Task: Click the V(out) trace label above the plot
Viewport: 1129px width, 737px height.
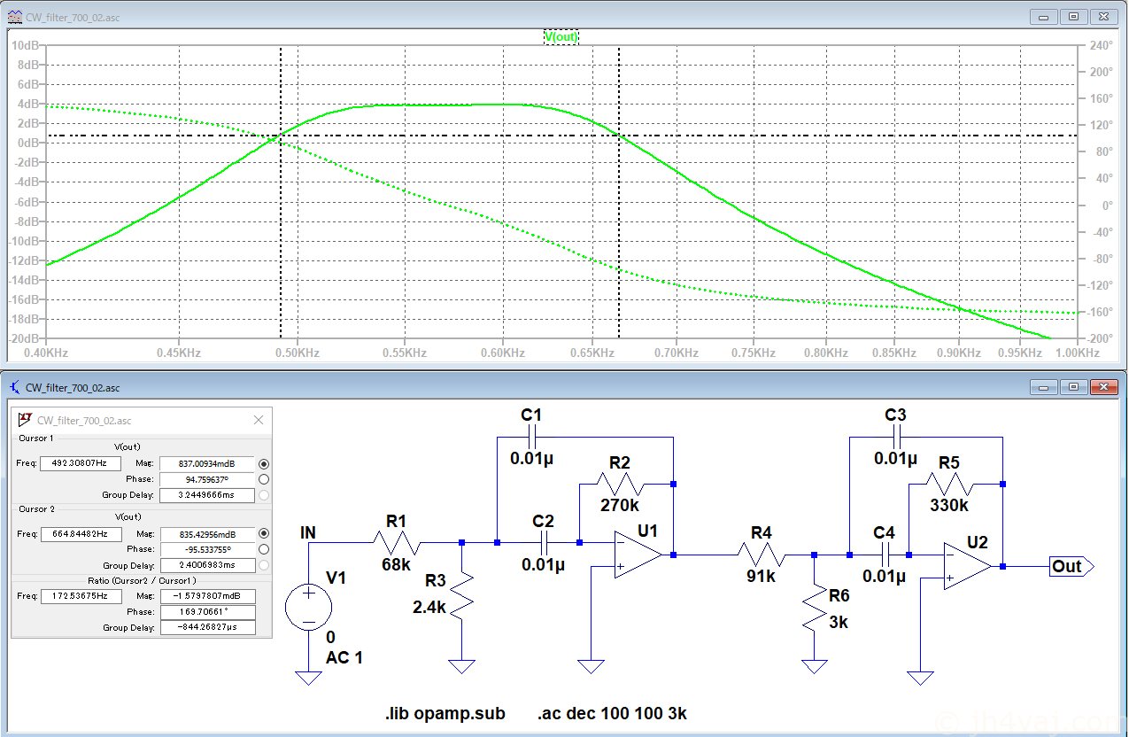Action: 561,37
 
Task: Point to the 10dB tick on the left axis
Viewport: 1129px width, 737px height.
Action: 25,45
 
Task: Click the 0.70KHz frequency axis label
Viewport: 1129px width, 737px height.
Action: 677,353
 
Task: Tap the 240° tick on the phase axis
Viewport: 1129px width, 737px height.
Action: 1101,45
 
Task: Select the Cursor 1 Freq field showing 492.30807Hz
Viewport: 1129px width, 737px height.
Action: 81,463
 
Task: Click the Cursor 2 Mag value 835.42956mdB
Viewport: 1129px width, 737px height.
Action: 207,534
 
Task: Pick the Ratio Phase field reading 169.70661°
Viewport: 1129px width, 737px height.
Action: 207,612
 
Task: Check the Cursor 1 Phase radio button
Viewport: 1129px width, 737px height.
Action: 264,479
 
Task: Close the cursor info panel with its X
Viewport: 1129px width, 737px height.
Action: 259,420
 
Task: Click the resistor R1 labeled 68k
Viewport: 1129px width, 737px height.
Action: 397,543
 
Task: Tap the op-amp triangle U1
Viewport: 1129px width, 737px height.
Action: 638,555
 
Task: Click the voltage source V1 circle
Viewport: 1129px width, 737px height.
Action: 308,607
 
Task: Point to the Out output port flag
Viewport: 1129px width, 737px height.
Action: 1071,567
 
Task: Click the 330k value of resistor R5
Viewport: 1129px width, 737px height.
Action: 949,505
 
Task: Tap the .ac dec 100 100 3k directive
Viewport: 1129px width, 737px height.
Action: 612,713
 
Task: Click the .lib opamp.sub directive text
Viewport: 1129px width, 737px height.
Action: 445,713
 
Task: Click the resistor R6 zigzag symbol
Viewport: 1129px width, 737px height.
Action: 815,608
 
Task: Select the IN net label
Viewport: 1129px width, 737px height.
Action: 308,532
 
